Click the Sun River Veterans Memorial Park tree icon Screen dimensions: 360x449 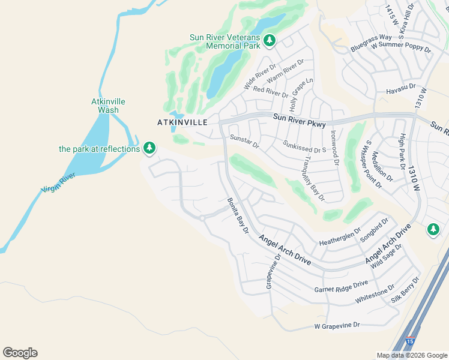click(270, 40)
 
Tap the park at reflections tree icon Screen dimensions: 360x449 click(149, 148)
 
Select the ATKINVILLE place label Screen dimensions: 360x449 click(182, 122)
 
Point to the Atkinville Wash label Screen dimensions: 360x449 click(108, 106)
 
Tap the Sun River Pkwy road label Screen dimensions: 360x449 click(299, 121)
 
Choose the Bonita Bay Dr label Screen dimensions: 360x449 click(237, 216)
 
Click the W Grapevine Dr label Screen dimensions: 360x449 click(337, 326)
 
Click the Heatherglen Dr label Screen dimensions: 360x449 click(340, 236)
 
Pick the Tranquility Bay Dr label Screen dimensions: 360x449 click(314, 178)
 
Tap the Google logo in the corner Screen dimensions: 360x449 click(20, 353)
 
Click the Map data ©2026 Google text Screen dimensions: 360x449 click(411, 355)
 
